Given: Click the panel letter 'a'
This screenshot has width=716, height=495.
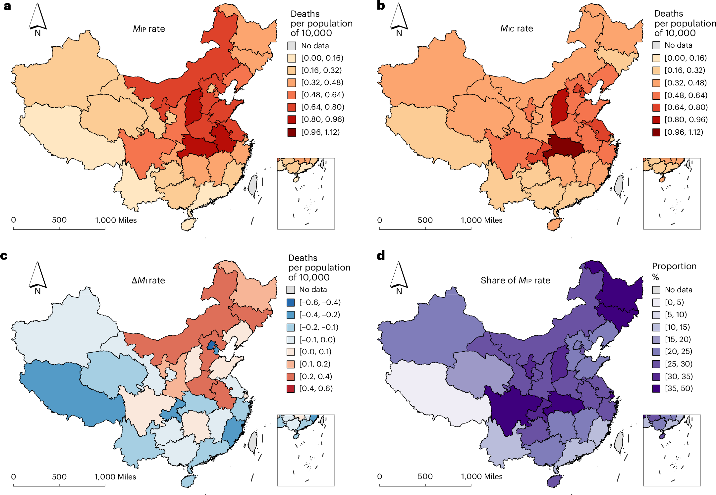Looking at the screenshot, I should [x=7, y=6].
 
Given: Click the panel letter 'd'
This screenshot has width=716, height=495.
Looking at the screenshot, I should [x=381, y=256].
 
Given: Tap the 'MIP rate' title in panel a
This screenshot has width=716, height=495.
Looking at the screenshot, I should [x=149, y=29].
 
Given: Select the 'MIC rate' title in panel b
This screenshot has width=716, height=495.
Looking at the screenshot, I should [x=516, y=28].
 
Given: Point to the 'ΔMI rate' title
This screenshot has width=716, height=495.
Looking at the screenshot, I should [x=148, y=280].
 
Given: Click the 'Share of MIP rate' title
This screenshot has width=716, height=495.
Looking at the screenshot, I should [x=515, y=280].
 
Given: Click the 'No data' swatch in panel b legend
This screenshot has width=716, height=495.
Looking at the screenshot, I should [x=656, y=45].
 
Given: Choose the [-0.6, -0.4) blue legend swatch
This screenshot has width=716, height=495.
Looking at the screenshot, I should [x=291, y=302].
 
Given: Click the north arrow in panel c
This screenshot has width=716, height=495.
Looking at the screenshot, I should [x=37, y=277].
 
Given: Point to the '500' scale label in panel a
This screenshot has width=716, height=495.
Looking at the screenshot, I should [x=59, y=220].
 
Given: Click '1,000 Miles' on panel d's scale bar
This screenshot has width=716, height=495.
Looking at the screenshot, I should [x=481, y=476].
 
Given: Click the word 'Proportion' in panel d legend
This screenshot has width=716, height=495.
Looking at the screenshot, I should [x=674, y=266].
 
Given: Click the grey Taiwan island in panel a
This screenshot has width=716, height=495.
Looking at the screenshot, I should [x=253, y=185].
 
